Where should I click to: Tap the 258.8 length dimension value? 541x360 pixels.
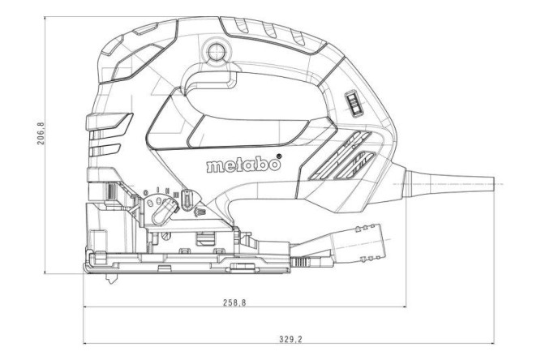pos(234,302)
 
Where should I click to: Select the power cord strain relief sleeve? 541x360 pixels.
pos(454,183)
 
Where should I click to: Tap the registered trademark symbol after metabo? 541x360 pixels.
pos(281,156)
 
